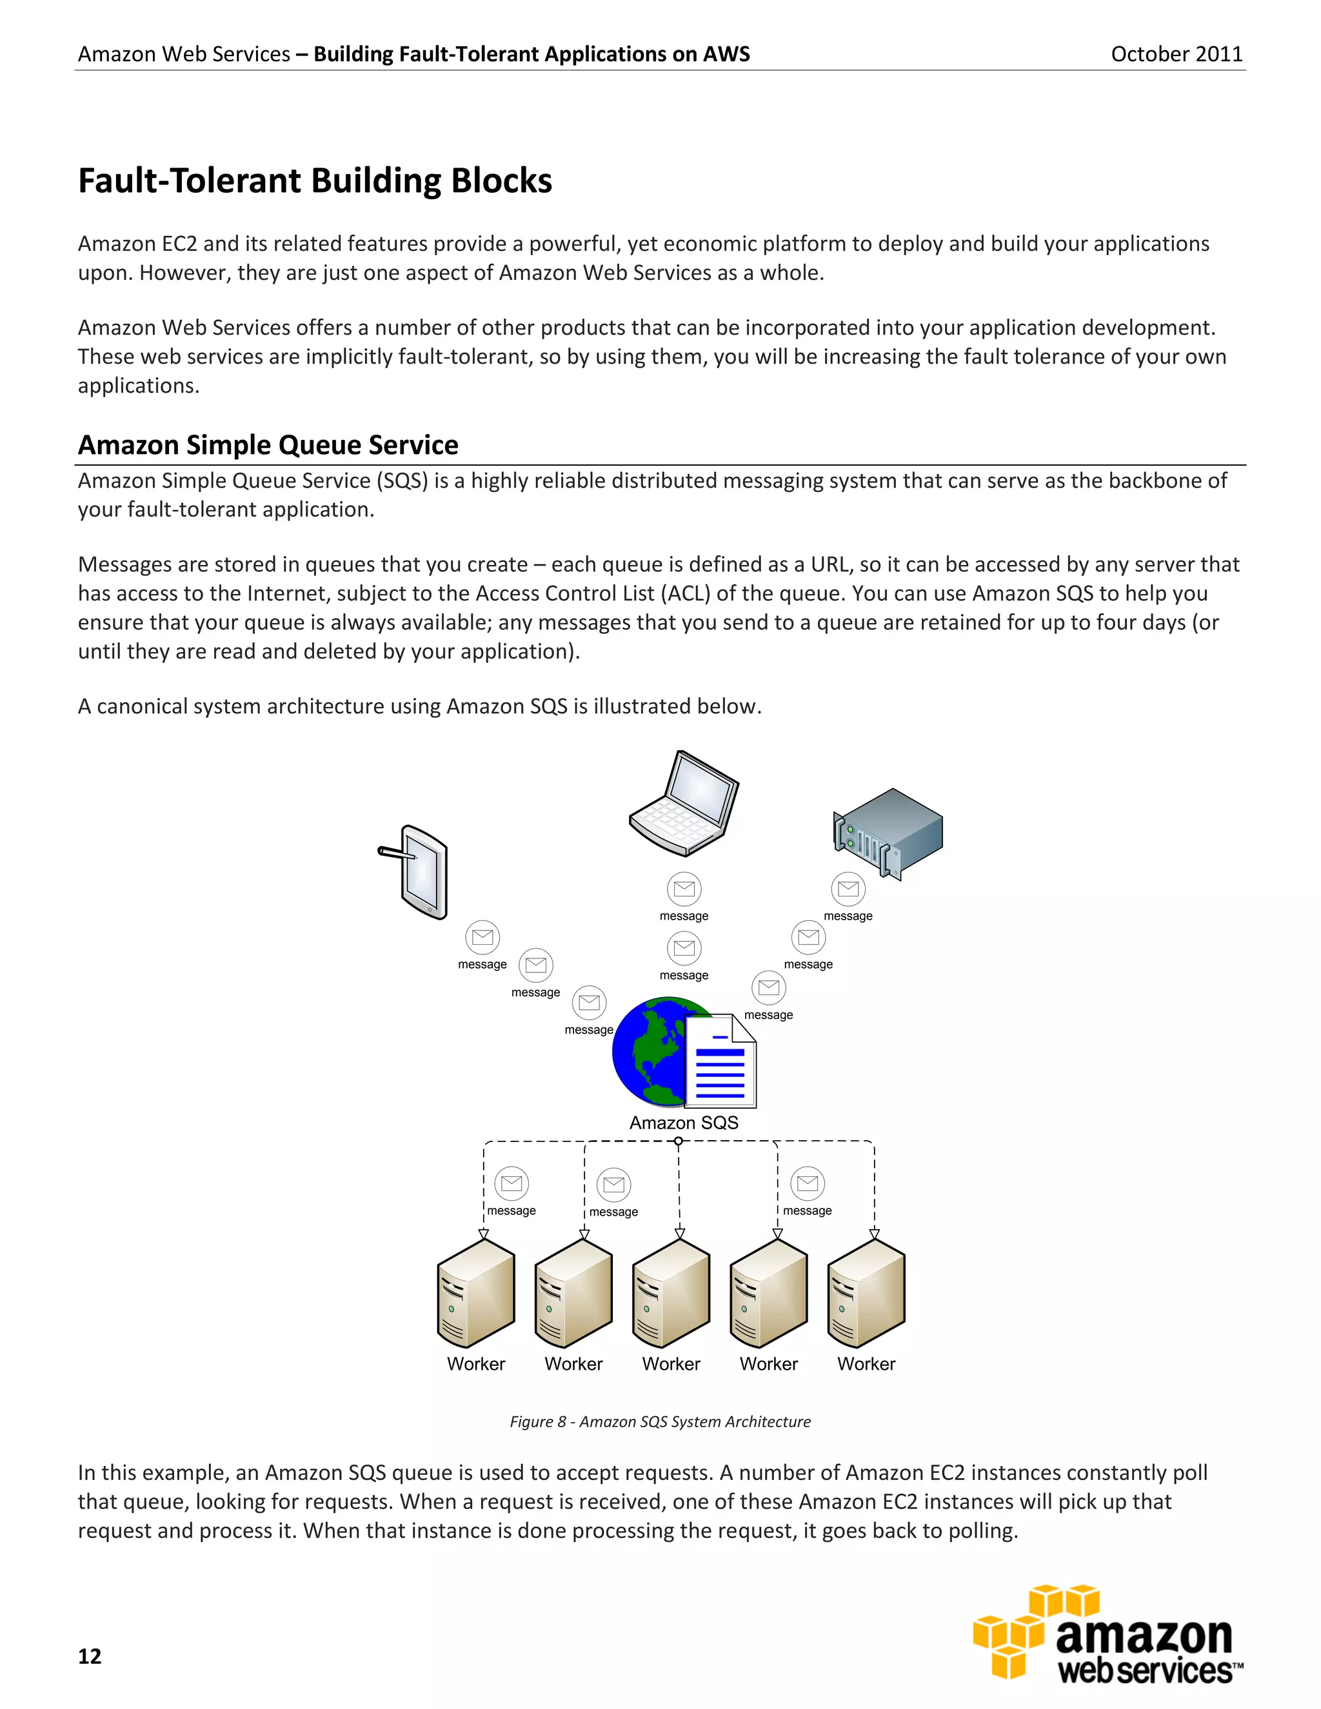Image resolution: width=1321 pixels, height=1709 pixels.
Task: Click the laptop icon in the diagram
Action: (x=684, y=804)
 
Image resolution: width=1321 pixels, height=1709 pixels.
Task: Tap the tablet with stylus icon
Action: (x=417, y=871)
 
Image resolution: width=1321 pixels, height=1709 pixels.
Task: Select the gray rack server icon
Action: (x=888, y=833)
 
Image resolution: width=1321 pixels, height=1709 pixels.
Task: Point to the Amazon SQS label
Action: (x=684, y=1123)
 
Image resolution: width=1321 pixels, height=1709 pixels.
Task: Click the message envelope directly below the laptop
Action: (x=684, y=889)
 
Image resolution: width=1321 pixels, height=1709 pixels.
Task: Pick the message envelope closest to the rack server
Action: (x=848, y=889)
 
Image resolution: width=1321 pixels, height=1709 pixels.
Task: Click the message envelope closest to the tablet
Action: (x=483, y=936)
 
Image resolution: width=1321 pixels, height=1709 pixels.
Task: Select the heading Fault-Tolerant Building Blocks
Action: (x=315, y=181)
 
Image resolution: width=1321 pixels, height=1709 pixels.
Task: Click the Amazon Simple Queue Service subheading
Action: (x=268, y=444)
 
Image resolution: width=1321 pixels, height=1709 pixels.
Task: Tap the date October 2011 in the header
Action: (x=1177, y=54)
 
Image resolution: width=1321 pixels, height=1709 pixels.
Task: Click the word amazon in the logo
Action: (x=1144, y=1636)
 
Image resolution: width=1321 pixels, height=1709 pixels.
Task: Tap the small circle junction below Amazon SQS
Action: (x=679, y=1141)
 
